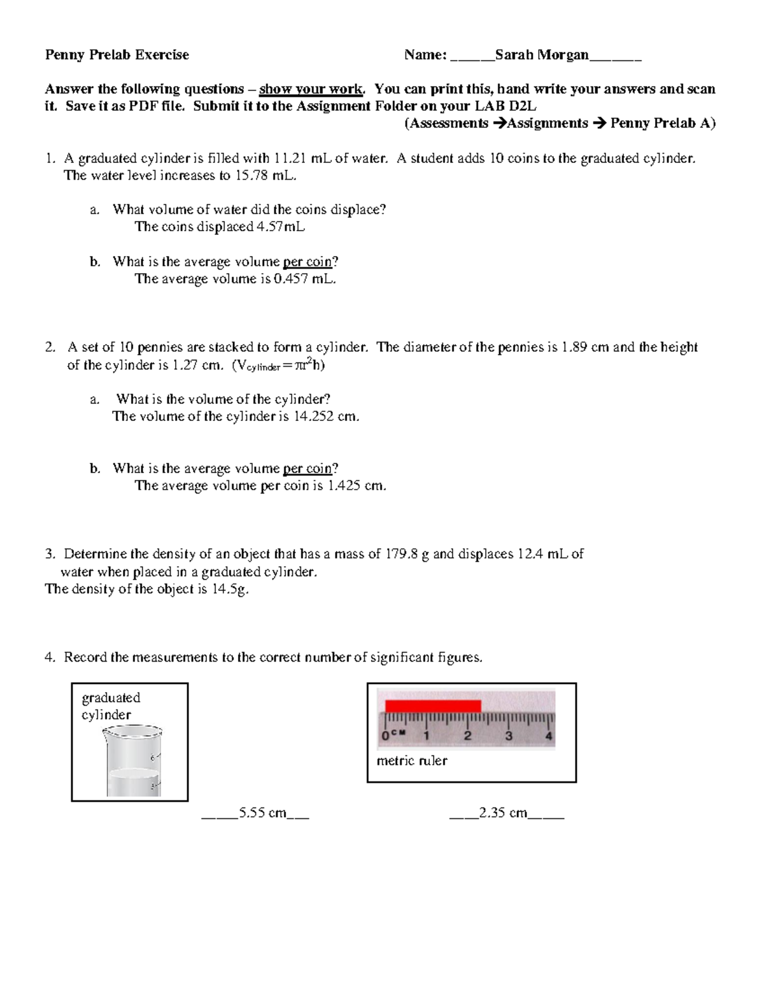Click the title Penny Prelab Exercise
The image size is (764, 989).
click(117, 55)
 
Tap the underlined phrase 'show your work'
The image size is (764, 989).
click(311, 89)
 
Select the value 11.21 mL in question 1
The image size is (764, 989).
click(300, 159)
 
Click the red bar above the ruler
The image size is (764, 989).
click(432, 706)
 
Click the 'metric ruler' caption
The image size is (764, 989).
click(412, 761)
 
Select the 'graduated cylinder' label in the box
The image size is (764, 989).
click(111, 706)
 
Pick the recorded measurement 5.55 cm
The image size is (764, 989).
click(262, 813)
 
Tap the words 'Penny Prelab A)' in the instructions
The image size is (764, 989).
click(663, 124)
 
